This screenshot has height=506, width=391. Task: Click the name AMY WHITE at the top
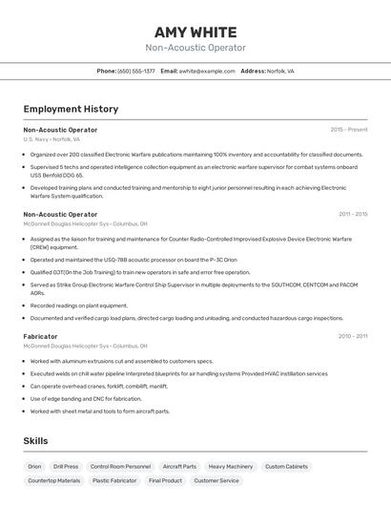point(195,32)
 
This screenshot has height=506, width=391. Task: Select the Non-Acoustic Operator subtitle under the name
point(195,48)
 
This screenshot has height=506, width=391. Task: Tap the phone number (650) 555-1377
point(135,71)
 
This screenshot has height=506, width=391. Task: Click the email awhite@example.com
point(207,71)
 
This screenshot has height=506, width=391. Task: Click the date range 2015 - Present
point(348,129)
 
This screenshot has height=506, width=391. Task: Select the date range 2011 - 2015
point(352,214)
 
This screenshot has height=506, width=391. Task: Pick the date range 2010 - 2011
point(352,336)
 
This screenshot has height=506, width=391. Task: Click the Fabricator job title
point(40,336)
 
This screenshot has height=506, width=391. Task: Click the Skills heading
point(35,440)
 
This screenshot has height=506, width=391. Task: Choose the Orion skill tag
point(34,467)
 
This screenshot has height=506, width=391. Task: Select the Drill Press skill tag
point(66,467)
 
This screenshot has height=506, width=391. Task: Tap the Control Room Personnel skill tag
point(120,467)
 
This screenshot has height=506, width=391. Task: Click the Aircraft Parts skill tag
point(179,467)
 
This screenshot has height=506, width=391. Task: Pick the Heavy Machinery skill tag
point(231,467)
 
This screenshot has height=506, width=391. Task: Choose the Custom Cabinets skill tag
point(286,467)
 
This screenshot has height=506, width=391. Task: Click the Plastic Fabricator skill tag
point(114,481)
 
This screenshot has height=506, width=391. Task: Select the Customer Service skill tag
point(216,481)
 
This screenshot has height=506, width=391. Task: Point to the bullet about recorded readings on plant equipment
point(78,306)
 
